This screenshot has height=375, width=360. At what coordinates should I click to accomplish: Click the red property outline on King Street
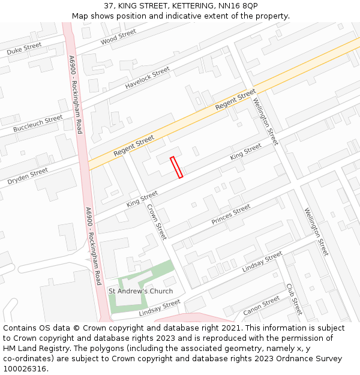176,167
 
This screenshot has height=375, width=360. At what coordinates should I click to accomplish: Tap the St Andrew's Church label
140,291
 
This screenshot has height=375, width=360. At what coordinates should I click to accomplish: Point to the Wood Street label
118,37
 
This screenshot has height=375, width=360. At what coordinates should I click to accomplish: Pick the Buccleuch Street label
37,124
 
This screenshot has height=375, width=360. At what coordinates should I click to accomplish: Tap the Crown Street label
157,222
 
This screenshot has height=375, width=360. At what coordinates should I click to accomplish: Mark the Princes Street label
231,215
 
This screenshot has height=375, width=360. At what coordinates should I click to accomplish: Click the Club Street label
294,299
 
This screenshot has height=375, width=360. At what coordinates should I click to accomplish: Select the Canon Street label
262,305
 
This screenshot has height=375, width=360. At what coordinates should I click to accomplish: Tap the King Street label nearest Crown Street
142,199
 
